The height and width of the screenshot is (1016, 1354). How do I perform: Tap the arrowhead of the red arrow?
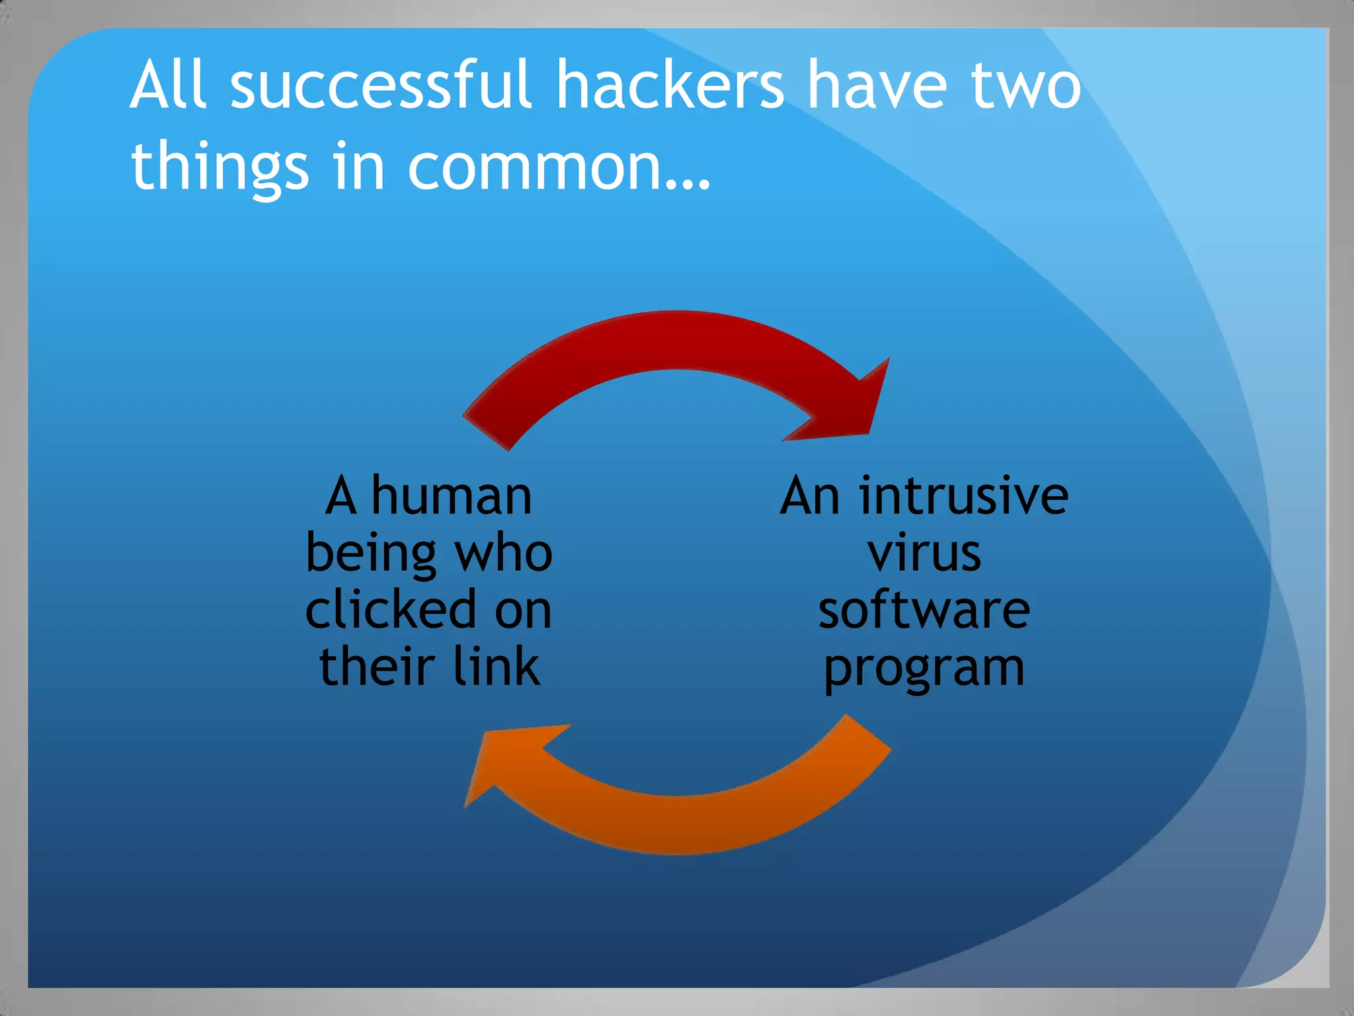click(853, 407)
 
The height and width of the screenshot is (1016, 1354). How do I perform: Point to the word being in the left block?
click(370, 554)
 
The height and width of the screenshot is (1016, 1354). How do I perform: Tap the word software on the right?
click(924, 610)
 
